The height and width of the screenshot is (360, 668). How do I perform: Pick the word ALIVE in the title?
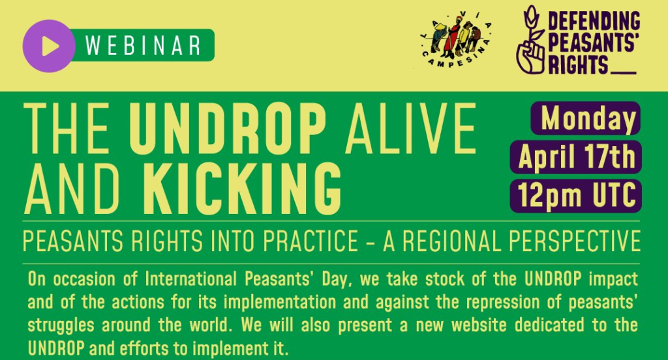click(x=411, y=129)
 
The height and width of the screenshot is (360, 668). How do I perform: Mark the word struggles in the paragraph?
click(x=61, y=325)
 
